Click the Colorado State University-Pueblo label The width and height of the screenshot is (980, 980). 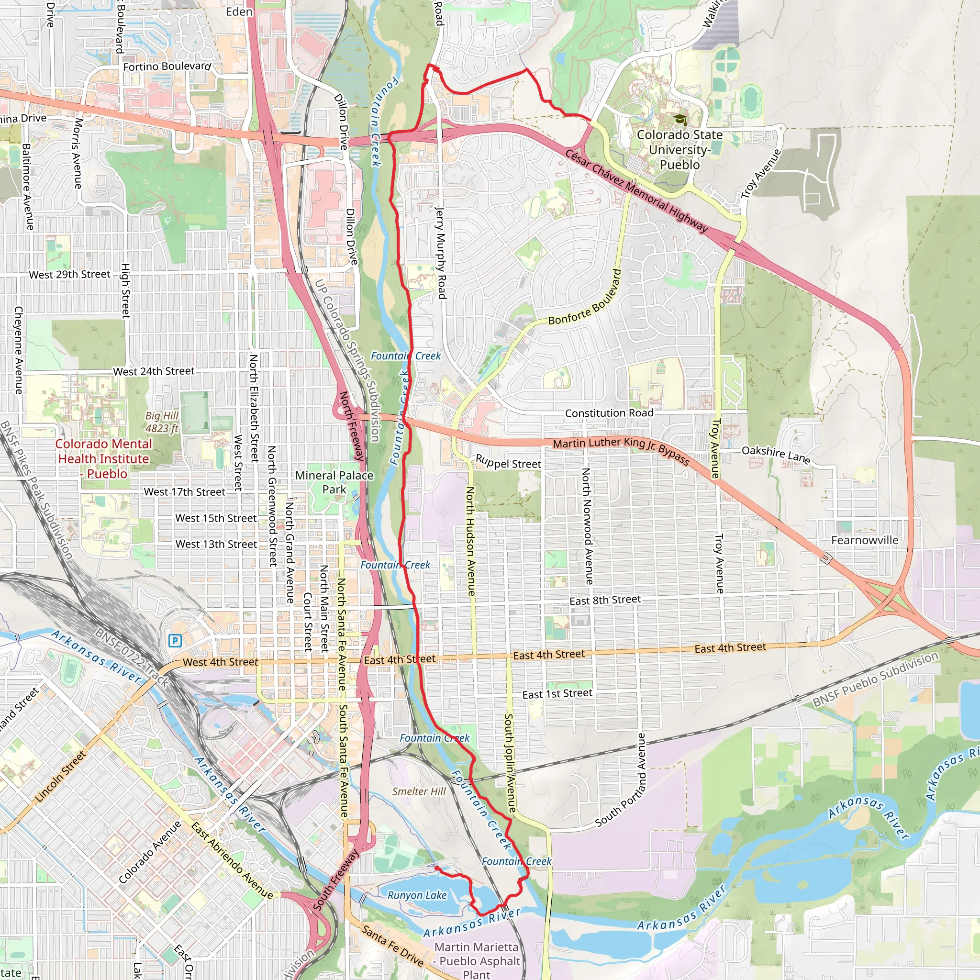(679, 150)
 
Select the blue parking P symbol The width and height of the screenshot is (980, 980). (175, 641)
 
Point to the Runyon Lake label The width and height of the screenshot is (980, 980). (417, 895)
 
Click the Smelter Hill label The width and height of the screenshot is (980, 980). (419, 791)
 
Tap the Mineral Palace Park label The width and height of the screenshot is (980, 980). (334, 482)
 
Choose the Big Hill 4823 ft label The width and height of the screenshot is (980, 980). (162, 422)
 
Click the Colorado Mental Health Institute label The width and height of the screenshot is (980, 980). (103, 458)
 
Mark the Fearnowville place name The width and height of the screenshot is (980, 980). (864, 540)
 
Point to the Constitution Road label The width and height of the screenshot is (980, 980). (609, 413)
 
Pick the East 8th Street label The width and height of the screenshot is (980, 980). (605, 601)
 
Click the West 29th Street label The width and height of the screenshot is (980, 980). (69, 274)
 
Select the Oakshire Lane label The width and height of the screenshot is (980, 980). (776, 454)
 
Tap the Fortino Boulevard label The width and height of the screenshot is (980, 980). (167, 67)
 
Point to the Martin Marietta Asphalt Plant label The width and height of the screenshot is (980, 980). (476, 961)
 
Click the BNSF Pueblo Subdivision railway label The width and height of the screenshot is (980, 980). (876, 679)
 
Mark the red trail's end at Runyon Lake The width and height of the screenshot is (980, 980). (436, 868)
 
